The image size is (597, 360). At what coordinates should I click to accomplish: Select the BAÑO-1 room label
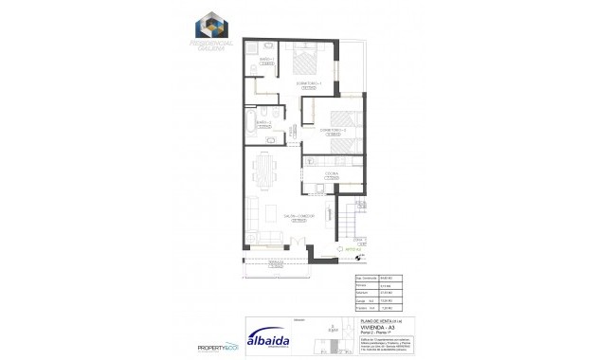(x=266, y=60)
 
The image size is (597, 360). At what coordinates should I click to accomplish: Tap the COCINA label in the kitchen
(x=332, y=175)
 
